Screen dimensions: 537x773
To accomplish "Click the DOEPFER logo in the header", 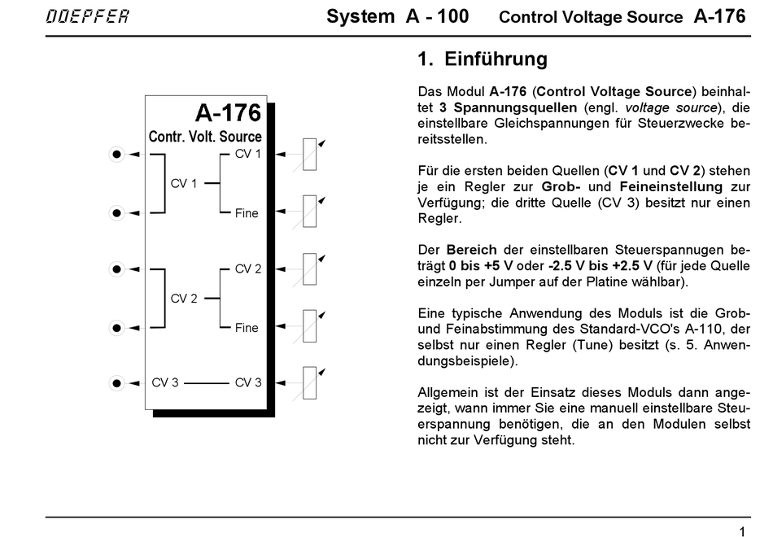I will [87, 17].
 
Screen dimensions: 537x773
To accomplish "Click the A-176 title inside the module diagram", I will [228, 112].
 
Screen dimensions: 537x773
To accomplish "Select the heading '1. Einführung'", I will [483, 59].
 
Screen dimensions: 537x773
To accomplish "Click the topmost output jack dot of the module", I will [117, 154].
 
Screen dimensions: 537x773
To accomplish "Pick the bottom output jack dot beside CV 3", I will [117, 382].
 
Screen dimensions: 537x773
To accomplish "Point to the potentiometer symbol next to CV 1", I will [309, 154].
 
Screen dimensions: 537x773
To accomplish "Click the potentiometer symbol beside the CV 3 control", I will [309, 382].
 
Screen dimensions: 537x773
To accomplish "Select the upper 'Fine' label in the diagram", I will [247, 213].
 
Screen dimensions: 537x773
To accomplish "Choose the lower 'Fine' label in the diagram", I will [247, 328].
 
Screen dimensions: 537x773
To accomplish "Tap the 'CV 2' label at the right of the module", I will [248, 268].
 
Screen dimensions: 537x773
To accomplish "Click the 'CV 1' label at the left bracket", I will [184, 184].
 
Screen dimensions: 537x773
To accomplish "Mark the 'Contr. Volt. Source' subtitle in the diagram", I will [205, 137].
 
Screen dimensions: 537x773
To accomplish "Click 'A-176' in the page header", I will [719, 17].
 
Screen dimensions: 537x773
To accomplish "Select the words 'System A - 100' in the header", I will [397, 17].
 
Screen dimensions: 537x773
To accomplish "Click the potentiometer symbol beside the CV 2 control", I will [309, 268].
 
